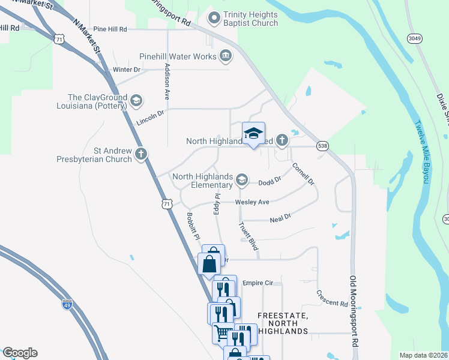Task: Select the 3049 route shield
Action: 414,38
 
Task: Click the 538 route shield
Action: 323,146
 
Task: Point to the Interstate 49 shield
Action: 67,304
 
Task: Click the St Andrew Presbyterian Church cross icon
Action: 140,154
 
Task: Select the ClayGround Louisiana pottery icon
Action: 136,100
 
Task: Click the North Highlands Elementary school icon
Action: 242,179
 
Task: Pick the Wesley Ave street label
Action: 252,202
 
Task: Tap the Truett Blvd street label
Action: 249,236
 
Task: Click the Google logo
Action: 19,353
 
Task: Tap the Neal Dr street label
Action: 280,217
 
